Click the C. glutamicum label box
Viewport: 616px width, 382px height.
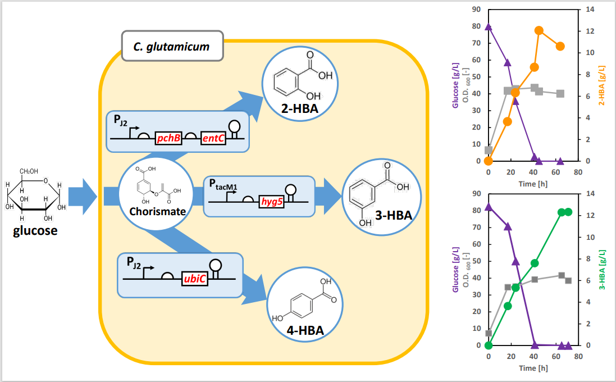[172, 47]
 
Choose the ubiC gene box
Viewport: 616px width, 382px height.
[194, 279]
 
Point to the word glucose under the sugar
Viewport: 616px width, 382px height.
[35, 230]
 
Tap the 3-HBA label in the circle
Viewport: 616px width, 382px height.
[394, 216]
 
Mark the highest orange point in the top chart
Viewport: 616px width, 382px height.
[539, 31]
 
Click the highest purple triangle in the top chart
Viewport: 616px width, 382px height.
[489, 27]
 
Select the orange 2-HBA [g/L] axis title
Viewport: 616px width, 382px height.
[601, 84]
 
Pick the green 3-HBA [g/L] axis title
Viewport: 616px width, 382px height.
[601, 269]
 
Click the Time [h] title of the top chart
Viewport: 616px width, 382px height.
[532, 184]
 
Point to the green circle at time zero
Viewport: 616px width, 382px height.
[489, 345]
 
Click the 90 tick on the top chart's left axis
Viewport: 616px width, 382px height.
[475, 10]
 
